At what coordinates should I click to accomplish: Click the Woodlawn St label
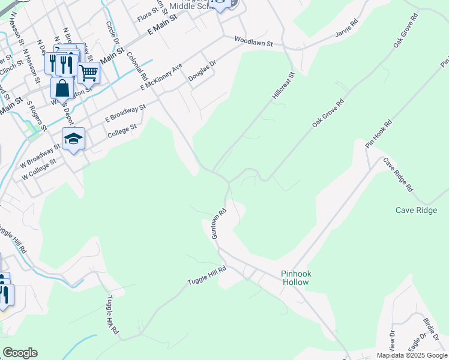coord(253,43)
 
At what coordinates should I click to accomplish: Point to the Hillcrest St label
coord(284,86)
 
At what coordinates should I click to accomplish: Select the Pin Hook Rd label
coord(378,134)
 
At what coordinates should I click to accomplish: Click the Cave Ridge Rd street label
coord(399,175)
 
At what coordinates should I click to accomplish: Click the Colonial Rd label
coord(137,66)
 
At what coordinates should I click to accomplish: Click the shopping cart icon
coord(88,72)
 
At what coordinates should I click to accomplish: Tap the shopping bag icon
coord(62,88)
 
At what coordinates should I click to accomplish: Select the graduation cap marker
coord(74,139)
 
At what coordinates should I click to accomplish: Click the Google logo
coord(20,353)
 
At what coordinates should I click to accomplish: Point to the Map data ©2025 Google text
coord(411,355)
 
